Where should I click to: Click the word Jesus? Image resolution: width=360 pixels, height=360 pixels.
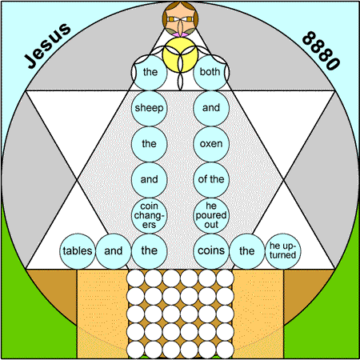click(48, 46)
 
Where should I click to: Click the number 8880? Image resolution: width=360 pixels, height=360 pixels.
click(322, 50)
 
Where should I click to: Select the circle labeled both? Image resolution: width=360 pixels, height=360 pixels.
click(211, 72)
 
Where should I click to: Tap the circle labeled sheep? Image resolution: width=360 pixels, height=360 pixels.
click(149, 108)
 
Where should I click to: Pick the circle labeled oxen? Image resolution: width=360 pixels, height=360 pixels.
click(211, 144)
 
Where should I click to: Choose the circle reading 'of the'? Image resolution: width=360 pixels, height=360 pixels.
click(211, 179)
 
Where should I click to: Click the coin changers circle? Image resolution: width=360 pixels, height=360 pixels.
click(149, 215)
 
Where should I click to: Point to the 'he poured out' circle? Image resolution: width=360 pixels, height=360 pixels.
click(211, 215)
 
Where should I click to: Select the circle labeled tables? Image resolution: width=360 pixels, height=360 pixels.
click(78, 251)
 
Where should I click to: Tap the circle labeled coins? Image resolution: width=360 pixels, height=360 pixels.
click(211, 251)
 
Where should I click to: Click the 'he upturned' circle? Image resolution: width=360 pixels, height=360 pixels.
click(282, 251)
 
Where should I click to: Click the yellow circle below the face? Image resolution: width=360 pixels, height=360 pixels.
click(180, 54)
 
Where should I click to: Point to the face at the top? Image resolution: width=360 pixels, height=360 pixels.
click(180, 18)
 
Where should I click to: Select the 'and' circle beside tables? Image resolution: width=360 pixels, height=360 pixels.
click(114, 251)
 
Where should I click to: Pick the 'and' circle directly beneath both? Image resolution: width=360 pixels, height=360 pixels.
click(211, 108)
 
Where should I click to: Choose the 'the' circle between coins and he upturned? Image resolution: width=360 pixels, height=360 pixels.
click(247, 251)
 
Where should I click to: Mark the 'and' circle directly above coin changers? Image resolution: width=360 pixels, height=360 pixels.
click(149, 179)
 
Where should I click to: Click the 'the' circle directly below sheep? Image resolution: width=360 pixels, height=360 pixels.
click(149, 144)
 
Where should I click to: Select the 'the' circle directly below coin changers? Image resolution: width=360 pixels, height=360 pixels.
click(149, 251)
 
